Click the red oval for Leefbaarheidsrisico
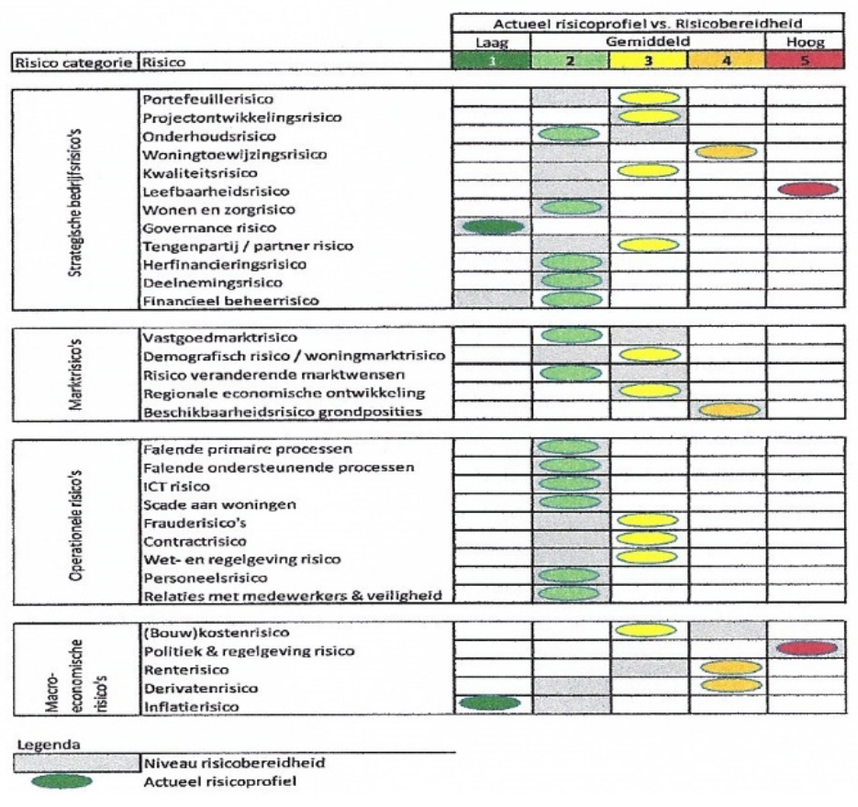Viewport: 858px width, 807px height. [x=808, y=189]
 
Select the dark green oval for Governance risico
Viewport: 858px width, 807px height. [x=493, y=226]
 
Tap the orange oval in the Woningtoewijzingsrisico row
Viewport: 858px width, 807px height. [x=727, y=152]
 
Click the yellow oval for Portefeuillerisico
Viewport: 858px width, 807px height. [x=649, y=97]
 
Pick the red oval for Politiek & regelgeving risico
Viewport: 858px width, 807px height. [x=808, y=648]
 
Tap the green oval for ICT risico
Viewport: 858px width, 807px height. [x=570, y=484]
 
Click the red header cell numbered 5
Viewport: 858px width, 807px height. [x=805, y=62]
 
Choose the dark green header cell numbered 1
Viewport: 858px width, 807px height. [x=491, y=62]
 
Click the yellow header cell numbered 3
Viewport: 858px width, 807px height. [x=649, y=62]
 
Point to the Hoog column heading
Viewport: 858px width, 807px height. [x=805, y=43]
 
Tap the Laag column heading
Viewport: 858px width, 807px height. [x=491, y=43]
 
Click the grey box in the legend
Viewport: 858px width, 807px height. [x=73, y=763]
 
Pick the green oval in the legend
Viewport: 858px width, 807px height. [x=61, y=782]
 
